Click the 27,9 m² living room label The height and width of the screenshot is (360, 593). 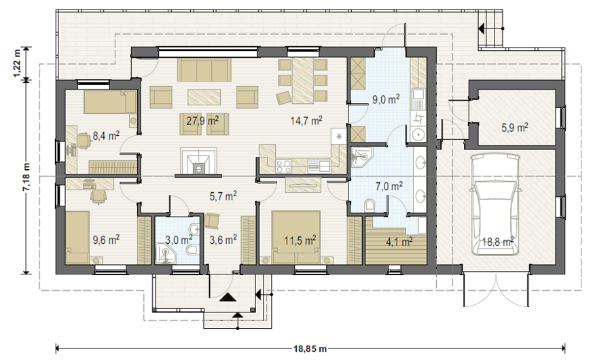(x=202, y=121)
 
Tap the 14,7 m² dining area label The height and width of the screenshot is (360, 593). (x=306, y=121)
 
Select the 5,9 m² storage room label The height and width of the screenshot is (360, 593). (x=515, y=128)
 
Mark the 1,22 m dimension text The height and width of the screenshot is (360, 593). (x=17, y=64)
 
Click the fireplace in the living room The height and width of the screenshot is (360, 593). (x=198, y=162)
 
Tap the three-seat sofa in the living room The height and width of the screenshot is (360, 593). (x=204, y=70)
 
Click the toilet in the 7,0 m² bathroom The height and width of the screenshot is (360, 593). (x=370, y=205)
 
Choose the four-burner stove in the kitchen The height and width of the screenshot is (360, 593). (x=284, y=165)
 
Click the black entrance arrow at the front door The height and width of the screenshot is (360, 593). (x=228, y=298)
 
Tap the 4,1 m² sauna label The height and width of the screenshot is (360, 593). (x=399, y=241)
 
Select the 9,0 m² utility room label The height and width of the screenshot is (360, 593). (x=386, y=99)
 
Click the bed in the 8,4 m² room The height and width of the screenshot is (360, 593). (x=110, y=102)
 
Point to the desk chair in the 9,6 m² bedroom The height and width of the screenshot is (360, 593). (x=98, y=196)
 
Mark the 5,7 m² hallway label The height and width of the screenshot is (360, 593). (x=223, y=196)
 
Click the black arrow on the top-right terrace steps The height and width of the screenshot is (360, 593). (x=482, y=28)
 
